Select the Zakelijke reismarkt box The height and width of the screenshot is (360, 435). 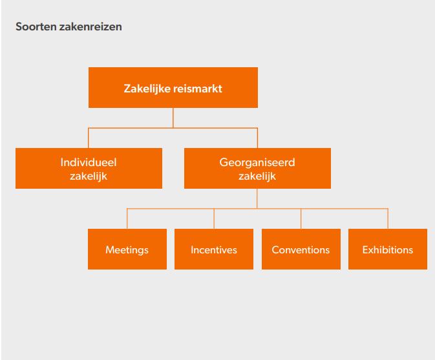173,89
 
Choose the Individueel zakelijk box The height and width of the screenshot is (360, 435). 89,169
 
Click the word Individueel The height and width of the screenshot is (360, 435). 89,164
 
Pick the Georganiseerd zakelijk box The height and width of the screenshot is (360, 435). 257,169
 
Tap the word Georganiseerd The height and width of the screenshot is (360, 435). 257,164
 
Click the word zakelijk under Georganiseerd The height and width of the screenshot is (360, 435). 257,176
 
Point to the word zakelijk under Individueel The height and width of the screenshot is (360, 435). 89,176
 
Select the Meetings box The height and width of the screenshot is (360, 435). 127,249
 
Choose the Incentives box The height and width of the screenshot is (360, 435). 214,249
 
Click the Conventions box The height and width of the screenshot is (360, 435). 301,249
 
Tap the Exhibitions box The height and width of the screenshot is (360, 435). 388,249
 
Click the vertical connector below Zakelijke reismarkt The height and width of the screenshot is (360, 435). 173,118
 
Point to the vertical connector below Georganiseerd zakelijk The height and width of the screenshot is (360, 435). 257,198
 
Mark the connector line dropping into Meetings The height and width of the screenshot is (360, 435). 127,218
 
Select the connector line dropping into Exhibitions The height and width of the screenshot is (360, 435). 388,218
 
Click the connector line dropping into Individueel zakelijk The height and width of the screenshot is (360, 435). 89,139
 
